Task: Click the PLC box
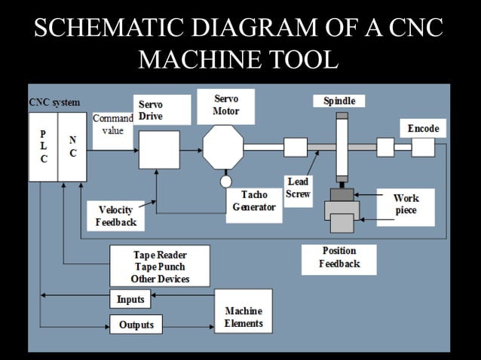[x=43, y=148]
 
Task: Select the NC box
[x=72, y=148]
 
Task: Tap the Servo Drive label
[x=151, y=111]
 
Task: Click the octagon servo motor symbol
[x=223, y=147]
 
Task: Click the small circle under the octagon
[x=225, y=182]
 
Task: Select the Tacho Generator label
[x=254, y=201]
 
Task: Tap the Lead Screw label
[x=298, y=188]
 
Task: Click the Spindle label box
[x=339, y=101]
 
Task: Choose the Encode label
[x=423, y=129]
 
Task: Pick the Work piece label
[x=406, y=205]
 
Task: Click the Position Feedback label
[x=339, y=258]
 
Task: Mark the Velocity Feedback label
[x=116, y=216]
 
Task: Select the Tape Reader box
[x=160, y=267]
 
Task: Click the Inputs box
[x=130, y=299]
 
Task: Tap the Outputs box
[x=136, y=325]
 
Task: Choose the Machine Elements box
[x=244, y=317]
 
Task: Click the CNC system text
[x=54, y=102]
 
